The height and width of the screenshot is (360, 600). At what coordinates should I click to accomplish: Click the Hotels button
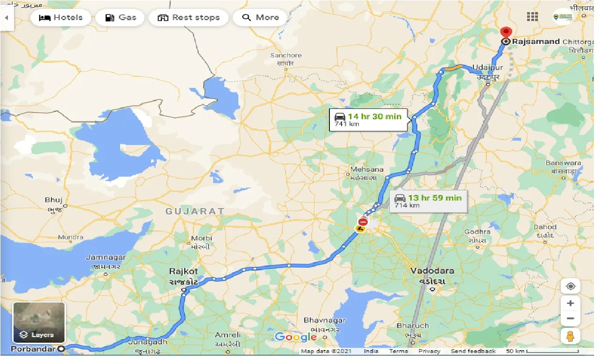point(60,18)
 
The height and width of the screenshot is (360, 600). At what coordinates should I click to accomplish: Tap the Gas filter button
point(121,18)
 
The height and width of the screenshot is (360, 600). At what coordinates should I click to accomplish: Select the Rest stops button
point(188,18)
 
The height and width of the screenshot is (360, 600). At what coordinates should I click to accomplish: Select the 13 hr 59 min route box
point(428,201)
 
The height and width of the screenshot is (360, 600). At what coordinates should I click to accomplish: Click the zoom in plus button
point(571,303)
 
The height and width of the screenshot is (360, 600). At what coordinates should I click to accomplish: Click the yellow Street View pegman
point(571,336)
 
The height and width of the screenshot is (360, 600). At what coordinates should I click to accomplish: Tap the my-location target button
point(571,286)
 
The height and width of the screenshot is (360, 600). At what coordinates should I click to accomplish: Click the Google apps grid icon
point(532,17)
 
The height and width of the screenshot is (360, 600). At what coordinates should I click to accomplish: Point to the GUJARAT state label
point(195,211)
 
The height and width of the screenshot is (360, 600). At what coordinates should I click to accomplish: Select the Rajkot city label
point(184,272)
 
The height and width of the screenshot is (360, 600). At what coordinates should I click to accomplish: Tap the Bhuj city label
point(54,200)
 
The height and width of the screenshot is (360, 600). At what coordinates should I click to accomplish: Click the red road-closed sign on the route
point(363,221)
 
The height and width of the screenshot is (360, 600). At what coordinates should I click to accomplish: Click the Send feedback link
point(473,351)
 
